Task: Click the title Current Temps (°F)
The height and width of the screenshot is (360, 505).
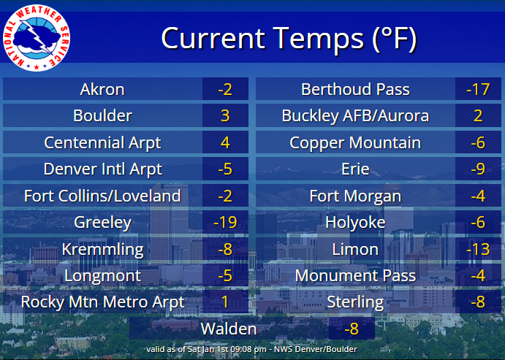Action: point(289,38)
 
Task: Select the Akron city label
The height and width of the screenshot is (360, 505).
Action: point(102,90)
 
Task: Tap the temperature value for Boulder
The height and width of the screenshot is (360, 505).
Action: point(225,116)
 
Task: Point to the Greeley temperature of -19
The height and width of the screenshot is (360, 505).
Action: point(225,222)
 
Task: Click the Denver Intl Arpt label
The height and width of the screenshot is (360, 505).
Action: point(102,169)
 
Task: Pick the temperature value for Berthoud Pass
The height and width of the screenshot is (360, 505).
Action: point(477,90)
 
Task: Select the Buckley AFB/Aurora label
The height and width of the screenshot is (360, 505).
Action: point(355,116)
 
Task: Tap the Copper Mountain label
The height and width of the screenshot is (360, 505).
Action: point(355,142)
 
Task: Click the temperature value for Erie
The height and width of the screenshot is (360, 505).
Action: point(477,169)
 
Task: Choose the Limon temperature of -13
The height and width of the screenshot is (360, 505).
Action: point(477,249)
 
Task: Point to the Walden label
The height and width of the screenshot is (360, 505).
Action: point(229,329)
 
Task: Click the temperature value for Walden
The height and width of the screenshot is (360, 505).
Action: point(352,329)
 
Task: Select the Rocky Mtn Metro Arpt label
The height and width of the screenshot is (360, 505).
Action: point(102,302)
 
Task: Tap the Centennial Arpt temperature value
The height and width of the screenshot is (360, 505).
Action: point(225,142)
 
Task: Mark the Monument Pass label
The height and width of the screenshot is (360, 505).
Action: point(355,275)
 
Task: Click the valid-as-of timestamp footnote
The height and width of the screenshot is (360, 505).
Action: point(251,349)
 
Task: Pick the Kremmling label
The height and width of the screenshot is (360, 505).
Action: point(102,249)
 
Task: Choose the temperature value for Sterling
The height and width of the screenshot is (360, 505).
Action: point(477,302)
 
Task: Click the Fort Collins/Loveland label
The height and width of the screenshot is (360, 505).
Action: point(102,196)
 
